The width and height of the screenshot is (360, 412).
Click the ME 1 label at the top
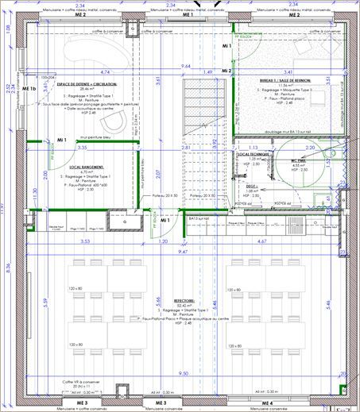pos(188,15)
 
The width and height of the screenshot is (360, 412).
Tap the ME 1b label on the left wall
pos(30,88)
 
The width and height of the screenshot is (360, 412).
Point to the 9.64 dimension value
pos(186,66)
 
